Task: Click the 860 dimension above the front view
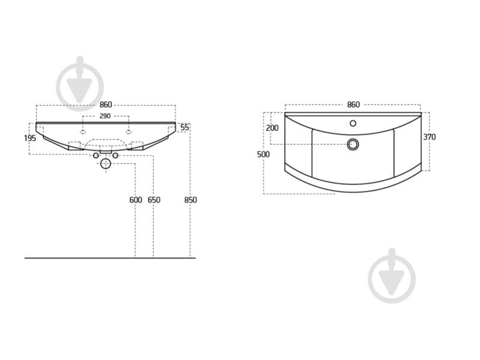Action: pos(106,105)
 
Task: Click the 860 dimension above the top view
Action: pos(353,105)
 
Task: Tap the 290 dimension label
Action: pos(105,116)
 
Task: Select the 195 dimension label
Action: pos(30,138)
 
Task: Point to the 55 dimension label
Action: pos(185,127)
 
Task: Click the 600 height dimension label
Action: pos(136,200)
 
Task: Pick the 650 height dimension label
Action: pos(154,200)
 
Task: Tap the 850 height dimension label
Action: pos(190,200)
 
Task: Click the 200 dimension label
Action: pos(272,128)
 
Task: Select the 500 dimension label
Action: pos(263,154)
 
